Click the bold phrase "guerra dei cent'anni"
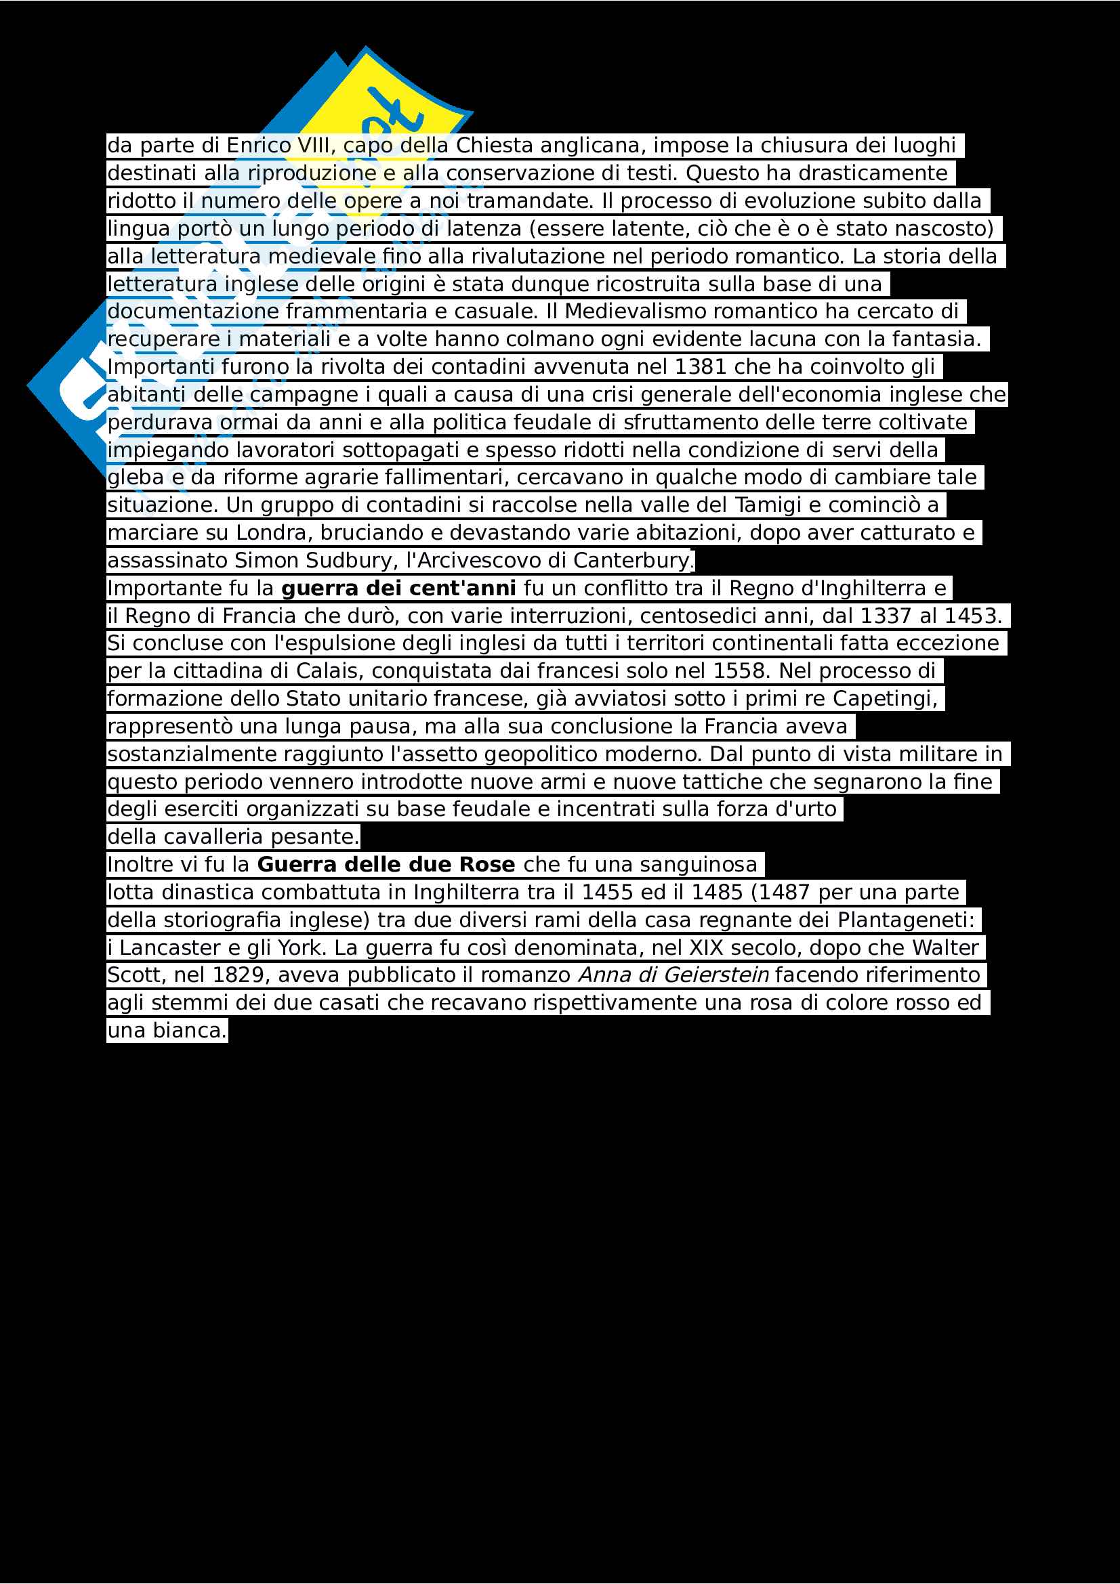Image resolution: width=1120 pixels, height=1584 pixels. click(398, 588)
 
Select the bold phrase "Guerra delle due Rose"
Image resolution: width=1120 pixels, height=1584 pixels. click(386, 864)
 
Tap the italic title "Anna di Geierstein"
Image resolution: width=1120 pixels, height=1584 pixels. click(673, 975)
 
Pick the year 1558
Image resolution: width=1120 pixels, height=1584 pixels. click(742, 671)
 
